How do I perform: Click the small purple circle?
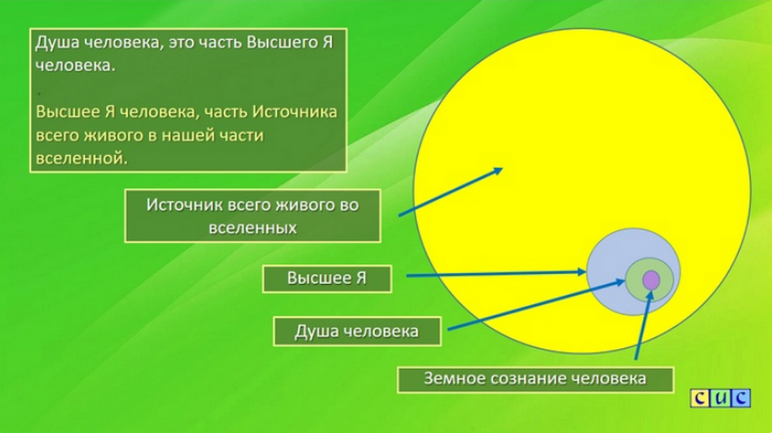pos(651,280)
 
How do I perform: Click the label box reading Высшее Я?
pos(327,279)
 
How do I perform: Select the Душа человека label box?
pos(357,331)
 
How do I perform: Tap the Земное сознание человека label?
pos(535,380)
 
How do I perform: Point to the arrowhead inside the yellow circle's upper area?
pos(497,171)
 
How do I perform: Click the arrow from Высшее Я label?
pos(496,273)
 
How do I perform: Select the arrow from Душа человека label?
pos(537,305)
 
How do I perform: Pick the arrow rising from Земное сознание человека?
pos(644,325)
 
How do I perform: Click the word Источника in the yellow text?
pos(294,112)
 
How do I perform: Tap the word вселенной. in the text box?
pos(81,158)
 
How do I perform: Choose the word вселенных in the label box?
pos(252,228)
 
